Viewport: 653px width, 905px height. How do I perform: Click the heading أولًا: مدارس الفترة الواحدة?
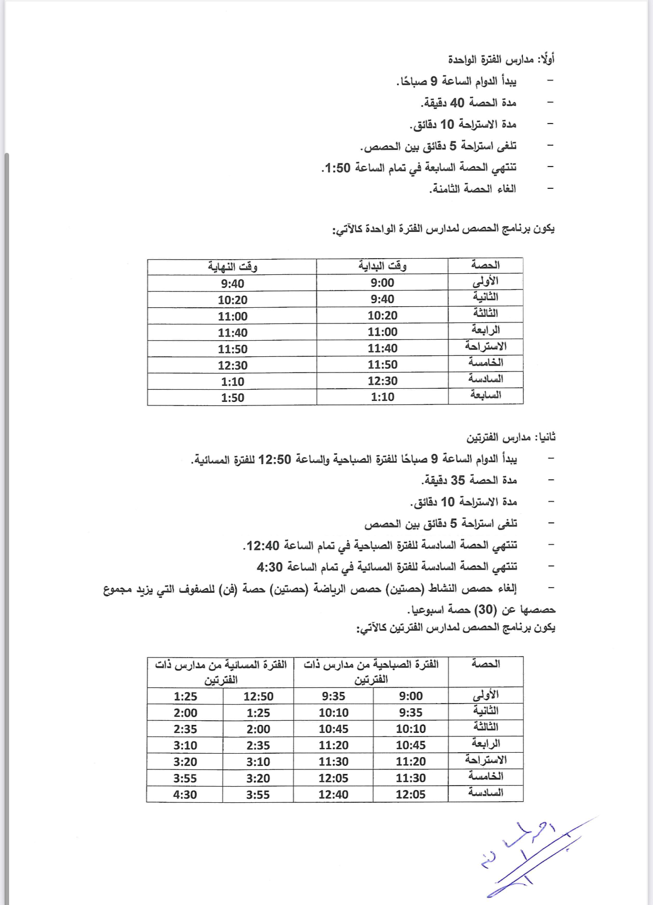coord(501,60)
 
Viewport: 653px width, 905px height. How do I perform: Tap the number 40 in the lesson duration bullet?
coord(457,103)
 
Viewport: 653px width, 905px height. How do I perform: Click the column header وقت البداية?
coord(382,266)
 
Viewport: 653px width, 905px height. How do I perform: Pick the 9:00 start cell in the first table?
coord(382,283)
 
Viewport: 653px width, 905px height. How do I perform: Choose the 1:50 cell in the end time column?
coord(232,398)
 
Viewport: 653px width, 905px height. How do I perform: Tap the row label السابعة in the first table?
coord(485,395)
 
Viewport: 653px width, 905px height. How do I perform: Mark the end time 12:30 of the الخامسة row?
coord(232,365)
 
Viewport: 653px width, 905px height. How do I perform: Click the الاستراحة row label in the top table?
coord(485,347)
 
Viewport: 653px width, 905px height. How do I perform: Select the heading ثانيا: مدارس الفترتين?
coord(511,437)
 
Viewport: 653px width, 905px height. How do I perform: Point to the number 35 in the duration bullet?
coord(457,480)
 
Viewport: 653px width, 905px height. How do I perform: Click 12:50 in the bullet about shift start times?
coord(275,460)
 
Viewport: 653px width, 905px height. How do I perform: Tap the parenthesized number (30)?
coord(485,610)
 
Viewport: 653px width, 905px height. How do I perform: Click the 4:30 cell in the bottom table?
coord(185,795)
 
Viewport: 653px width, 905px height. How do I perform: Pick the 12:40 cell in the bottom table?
coord(333,795)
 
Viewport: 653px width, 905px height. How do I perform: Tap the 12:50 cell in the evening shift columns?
coord(258,696)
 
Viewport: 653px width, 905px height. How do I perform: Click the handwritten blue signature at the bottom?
coord(526,855)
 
